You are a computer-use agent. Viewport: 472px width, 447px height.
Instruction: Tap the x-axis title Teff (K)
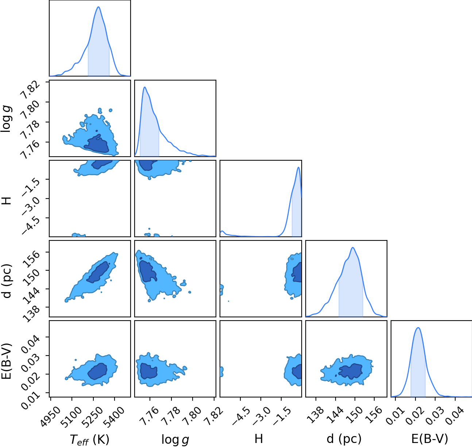click(90, 439)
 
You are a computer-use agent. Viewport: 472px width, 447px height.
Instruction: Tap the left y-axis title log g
click(6, 119)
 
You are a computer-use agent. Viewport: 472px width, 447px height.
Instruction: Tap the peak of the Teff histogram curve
click(98, 7)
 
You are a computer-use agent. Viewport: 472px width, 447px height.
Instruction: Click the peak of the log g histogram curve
click(144, 87)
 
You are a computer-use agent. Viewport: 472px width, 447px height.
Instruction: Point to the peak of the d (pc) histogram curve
click(353, 247)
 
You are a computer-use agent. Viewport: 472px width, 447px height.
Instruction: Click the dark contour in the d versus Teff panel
click(98, 272)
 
